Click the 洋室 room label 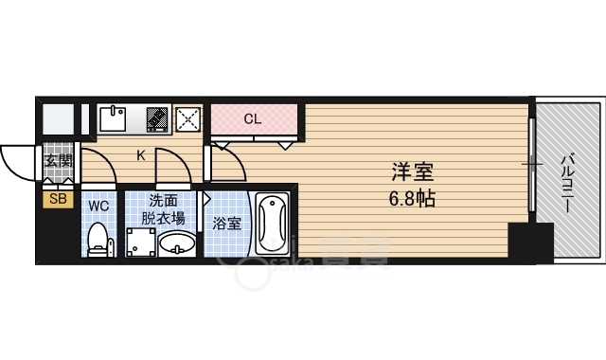click(414, 174)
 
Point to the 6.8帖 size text click(414, 200)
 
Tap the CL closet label click(252, 119)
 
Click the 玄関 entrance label click(58, 160)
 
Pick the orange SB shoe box click(58, 199)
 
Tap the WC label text click(98, 204)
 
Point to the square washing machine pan click(139, 243)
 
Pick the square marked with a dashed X click(188, 119)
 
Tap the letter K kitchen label click(141, 155)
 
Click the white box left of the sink click(57, 119)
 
